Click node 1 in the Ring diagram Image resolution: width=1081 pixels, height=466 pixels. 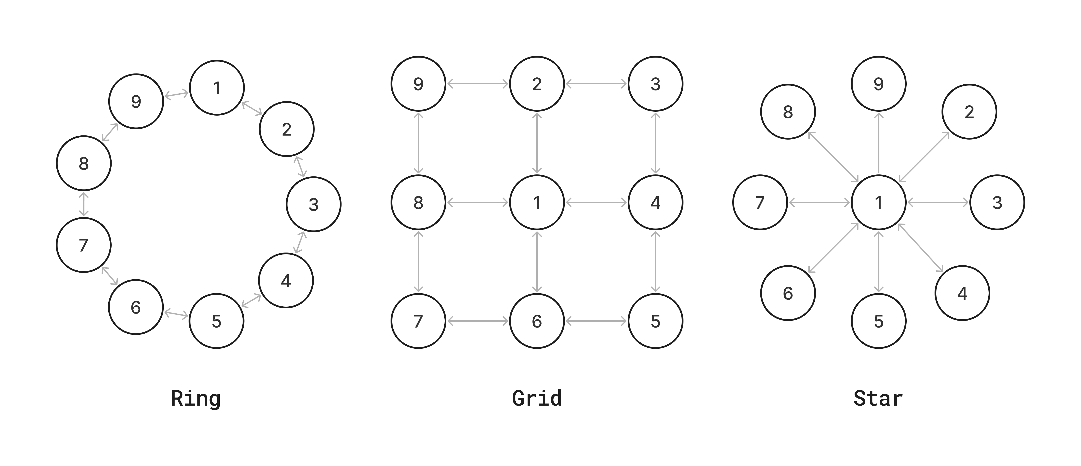[x=217, y=88]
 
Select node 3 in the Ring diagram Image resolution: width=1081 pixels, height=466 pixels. [x=313, y=205]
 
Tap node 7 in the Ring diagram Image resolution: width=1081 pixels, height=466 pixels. [x=83, y=245]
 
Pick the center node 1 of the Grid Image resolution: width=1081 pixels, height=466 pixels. [x=537, y=202]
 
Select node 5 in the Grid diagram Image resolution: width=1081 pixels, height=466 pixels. [x=655, y=321]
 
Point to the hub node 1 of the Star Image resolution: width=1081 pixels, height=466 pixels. [x=878, y=202]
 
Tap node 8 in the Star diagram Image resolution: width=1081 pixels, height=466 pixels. [x=788, y=112]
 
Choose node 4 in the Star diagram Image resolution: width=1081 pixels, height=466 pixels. [x=962, y=293]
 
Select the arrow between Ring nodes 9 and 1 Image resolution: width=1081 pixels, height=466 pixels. [x=176, y=94]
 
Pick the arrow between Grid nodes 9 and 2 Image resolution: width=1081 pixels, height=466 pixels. [x=478, y=84]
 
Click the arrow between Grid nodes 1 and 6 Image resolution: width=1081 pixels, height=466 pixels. [x=537, y=261]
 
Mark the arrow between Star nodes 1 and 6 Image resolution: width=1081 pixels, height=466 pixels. [x=833, y=248]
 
